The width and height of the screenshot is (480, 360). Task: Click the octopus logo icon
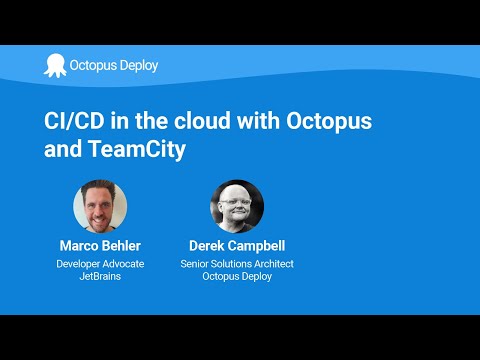click(x=53, y=66)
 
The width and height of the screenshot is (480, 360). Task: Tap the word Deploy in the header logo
click(x=138, y=66)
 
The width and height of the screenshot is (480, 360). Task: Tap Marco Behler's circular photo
click(x=100, y=206)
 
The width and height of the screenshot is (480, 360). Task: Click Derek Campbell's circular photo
click(x=237, y=206)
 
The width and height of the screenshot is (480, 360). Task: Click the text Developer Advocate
click(x=100, y=264)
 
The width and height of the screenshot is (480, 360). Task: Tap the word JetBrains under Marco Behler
click(x=100, y=277)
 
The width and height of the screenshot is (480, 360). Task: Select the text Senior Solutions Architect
click(x=237, y=264)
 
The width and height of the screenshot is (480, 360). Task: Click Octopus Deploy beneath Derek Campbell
click(x=237, y=277)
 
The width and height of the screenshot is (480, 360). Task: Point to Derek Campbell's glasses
click(x=235, y=202)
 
